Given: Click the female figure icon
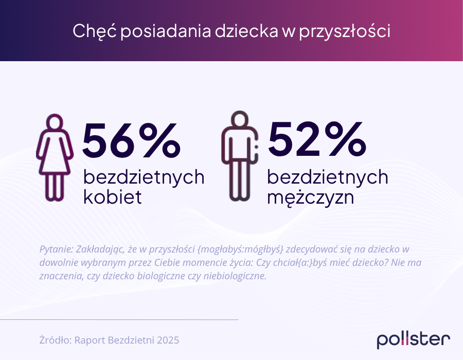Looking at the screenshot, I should pyautogui.click(x=55, y=157).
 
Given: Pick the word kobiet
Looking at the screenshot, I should pyautogui.click(x=112, y=197).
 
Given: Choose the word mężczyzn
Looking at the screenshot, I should pyautogui.click(x=311, y=197).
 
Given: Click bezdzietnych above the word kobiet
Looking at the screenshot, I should pyautogui.click(x=144, y=177).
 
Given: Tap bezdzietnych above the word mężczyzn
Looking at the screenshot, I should pyautogui.click(x=328, y=177).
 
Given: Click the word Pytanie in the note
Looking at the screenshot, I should pyautogui.click(x=56, y=249).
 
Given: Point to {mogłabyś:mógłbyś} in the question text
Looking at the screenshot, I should pyautogui.click(x=240, y=249).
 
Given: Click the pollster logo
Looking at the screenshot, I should pyautogui.click(x=413, y=339).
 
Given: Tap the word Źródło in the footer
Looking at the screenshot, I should pyautogui.click(x=55, y=340).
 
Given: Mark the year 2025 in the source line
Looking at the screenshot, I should pyautogui.click(x=168, y=340).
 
